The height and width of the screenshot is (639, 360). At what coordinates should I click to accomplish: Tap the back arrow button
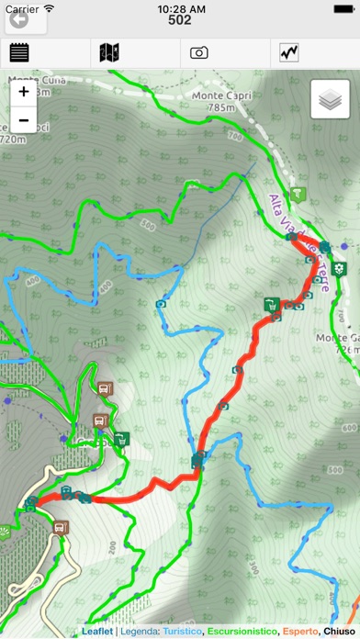pos(17,18)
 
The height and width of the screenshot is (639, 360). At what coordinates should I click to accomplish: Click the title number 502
pos(180,20)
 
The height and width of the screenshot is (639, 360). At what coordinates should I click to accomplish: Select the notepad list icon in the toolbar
pos(19,53)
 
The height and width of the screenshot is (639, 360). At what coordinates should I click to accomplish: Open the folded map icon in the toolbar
pos(109,53)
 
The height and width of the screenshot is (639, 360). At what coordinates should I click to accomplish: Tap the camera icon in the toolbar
pos(199,53)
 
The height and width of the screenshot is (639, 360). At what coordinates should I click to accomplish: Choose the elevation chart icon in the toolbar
pos(289,53)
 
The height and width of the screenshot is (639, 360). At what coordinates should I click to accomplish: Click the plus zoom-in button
pos(23,92)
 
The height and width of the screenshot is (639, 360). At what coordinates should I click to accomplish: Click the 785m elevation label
pos(220,107)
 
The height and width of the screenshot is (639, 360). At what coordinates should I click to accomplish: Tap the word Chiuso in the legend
pos(340,632)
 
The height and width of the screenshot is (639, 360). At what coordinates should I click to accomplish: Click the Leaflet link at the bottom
pos(96,632)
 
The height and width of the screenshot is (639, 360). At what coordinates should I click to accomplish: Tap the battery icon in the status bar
pos(340,7)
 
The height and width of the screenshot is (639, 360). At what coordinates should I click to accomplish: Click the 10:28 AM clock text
pos(180,7)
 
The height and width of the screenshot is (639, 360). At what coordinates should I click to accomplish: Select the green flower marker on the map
pos(340,268)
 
